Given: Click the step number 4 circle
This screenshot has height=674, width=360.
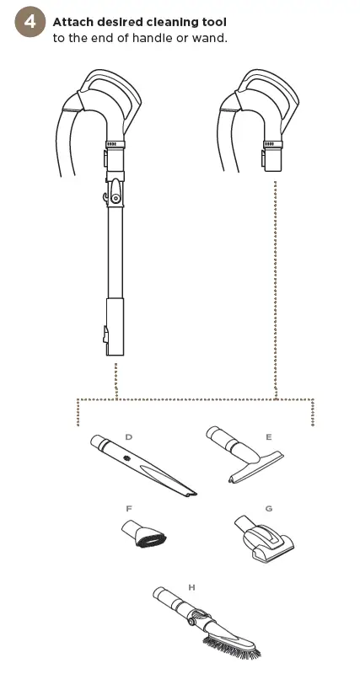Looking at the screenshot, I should tap(30, 24).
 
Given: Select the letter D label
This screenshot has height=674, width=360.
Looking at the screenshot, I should tap(128, 436).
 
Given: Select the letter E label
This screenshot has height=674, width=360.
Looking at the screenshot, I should tap(268, 437).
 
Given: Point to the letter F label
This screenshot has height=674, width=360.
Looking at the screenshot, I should tap(128, 509).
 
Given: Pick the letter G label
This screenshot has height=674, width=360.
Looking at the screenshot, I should tap(268, 509).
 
